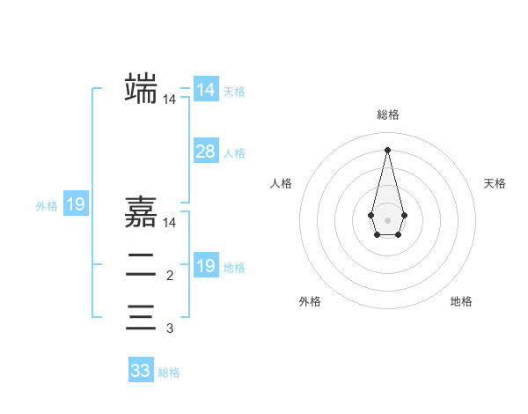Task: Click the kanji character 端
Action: [x=141, y=89]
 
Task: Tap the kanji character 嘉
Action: [x=141, y=212]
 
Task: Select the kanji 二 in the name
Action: [x=141, y=265]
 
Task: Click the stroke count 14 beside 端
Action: [x=170, y=100]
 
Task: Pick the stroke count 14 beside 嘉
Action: [x=170, y=224]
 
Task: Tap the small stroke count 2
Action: [x=170, y=277]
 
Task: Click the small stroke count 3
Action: [x=170, y=329]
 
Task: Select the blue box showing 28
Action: [x=206, y=152]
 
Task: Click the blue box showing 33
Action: [x=141, y=371]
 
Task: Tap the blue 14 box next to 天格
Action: [x=206, y=90]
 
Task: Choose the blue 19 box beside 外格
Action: [x=76, y=205]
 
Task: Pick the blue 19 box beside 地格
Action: [x=206, y=266]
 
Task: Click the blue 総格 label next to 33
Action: [x=169, y=373]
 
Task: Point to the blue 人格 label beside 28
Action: [x=234, y=153]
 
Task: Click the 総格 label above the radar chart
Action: [x=387, y=115]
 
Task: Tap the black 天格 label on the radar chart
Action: [x=495, y=183]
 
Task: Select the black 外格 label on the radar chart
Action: [x=310, y=301]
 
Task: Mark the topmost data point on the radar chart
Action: [x=387, y=149]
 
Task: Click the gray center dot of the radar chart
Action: [x=387, y=218]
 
